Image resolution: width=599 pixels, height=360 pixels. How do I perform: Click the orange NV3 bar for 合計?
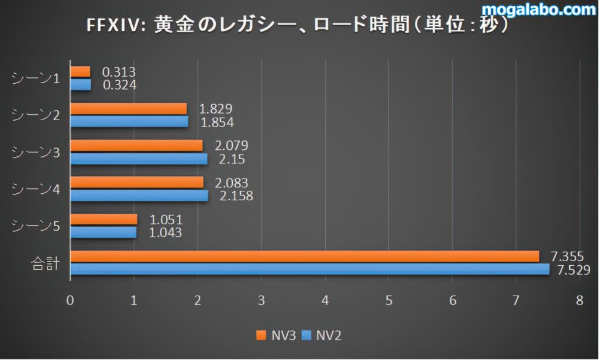click(304, 256)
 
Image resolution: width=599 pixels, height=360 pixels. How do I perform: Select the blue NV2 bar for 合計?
click(310, 269)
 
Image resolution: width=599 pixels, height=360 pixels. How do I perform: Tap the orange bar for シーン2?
click(129, 109)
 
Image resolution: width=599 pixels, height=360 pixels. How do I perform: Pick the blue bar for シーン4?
click(139, 196)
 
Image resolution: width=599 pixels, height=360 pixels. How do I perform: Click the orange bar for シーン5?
click(104, 220)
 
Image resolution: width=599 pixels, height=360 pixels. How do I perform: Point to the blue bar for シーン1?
click(81, 85)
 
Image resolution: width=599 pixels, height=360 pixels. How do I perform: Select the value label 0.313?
click(119, 72)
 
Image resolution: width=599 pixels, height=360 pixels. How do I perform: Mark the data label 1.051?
click(166, 220)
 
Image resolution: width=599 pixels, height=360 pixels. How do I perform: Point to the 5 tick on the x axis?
click(388, 300)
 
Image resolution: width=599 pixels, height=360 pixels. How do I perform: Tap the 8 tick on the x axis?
click(579, 300)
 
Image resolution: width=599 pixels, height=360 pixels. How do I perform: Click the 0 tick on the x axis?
click(70, 300)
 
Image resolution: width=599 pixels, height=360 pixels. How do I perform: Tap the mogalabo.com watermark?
click(539, 9)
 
